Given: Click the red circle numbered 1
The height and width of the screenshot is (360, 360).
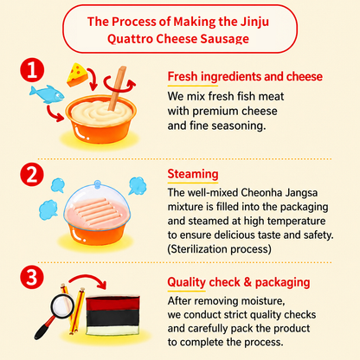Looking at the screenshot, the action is point(32,70).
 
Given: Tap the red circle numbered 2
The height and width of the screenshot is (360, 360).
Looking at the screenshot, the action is point(32,175).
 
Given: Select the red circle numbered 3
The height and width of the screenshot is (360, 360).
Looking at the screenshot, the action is point(32,277).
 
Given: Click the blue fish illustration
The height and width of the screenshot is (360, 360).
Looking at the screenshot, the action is point(47,94).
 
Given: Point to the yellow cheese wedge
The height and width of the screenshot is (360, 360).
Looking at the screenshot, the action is point(77,74).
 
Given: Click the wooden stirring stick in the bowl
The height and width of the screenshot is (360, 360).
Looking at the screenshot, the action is point(118,88).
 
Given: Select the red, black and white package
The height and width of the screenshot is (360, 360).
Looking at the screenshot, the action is point(112,315).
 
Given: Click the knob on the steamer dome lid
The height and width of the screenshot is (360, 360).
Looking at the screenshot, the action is point(98,183).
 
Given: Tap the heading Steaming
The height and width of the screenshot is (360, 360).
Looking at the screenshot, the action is point(193,174).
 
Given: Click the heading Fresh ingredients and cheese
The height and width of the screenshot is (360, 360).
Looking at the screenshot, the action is point(245,76).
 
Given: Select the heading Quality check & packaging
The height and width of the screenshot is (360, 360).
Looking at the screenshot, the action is point(239,282).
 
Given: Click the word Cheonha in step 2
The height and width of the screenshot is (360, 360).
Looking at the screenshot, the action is point(261,192).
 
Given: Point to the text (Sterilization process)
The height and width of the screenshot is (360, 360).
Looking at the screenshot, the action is point(220,249).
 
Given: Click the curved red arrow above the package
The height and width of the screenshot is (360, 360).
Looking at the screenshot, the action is point(88,278).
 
